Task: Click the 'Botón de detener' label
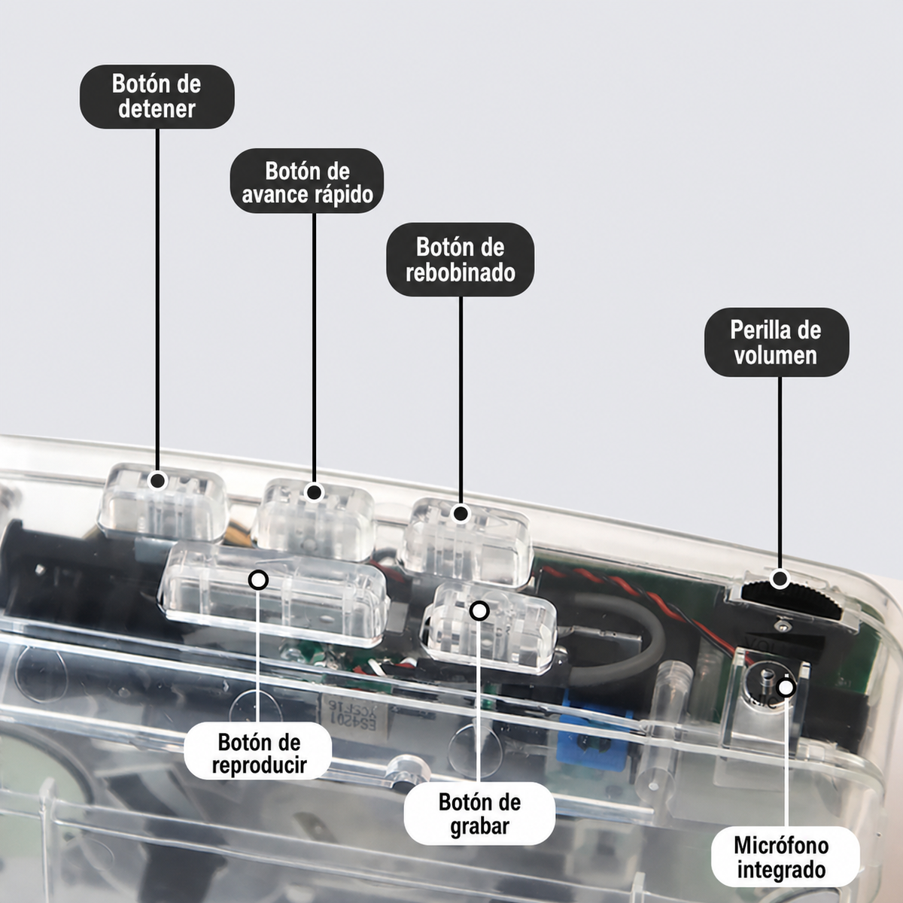tap(157, 96)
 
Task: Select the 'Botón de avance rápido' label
tap(307, 181)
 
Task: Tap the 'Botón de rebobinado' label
tap(461, 260)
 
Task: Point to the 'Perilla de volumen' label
tap(777, 342)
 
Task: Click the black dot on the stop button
tap(157, 480)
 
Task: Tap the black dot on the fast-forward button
tap(314, 492)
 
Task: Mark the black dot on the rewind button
tap(461, 514)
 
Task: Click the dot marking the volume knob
tap(780, 579)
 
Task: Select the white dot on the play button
tap(258, 580)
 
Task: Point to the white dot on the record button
tap(479, 610)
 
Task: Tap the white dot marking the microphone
tap(786, 688)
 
